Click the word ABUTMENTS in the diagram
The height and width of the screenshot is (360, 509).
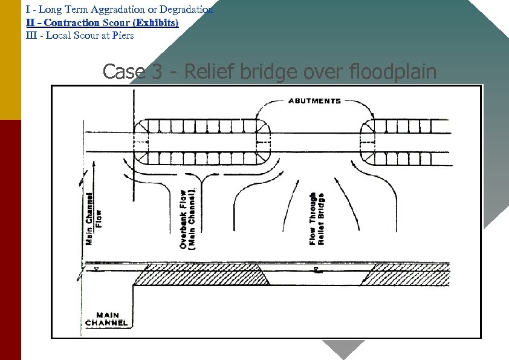[314, 101]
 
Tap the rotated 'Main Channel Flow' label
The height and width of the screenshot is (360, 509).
[94, 218]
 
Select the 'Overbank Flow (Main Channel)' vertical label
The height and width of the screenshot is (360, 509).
[187, 218]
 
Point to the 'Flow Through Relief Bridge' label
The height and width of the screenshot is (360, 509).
[317, 219]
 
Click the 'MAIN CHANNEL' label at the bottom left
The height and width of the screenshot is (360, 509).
[106, 319]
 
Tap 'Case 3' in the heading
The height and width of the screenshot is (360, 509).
[132, 72]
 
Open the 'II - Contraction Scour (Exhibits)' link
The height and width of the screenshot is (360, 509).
[102, 22]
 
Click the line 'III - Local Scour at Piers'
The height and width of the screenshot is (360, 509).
[80, 35]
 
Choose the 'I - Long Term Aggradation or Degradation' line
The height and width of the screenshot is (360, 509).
[120, 10]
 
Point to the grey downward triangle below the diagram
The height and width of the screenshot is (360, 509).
[343, 349]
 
